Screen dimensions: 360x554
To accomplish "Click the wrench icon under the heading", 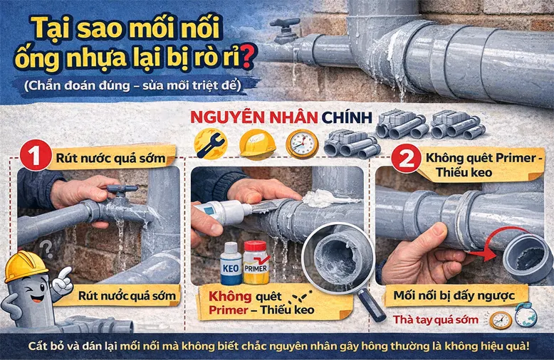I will (210, 143).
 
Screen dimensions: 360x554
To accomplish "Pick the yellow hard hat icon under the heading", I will (257, 143).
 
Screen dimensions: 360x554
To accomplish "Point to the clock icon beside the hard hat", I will (302, 143).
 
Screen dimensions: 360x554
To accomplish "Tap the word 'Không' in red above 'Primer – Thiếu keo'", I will (231, 295).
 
